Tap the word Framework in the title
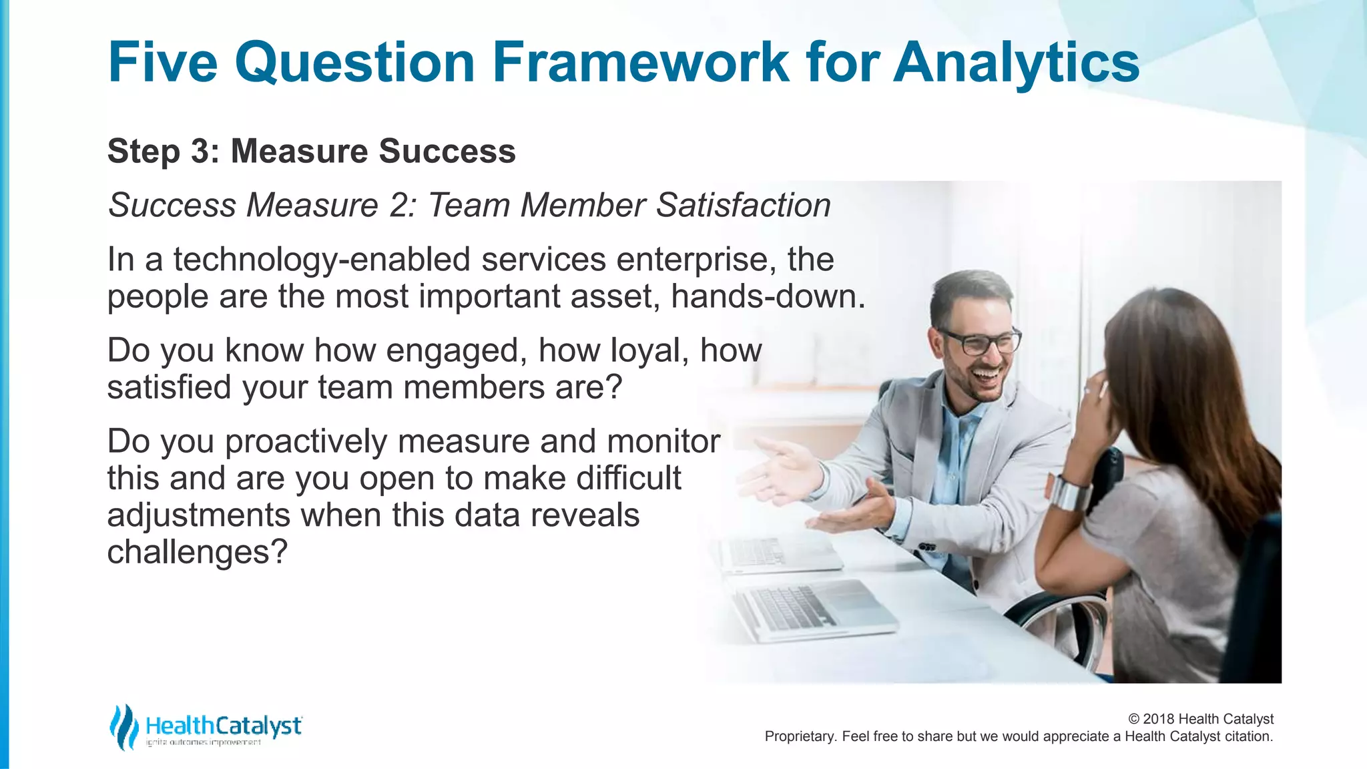click(x=641, y=62)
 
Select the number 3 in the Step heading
click(x=200, y=152)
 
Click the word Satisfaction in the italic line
click(x=743, y=205)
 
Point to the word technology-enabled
click(x=322, y=260)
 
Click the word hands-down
click(x=768, y=296)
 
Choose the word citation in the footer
click(x=1248, y=736)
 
